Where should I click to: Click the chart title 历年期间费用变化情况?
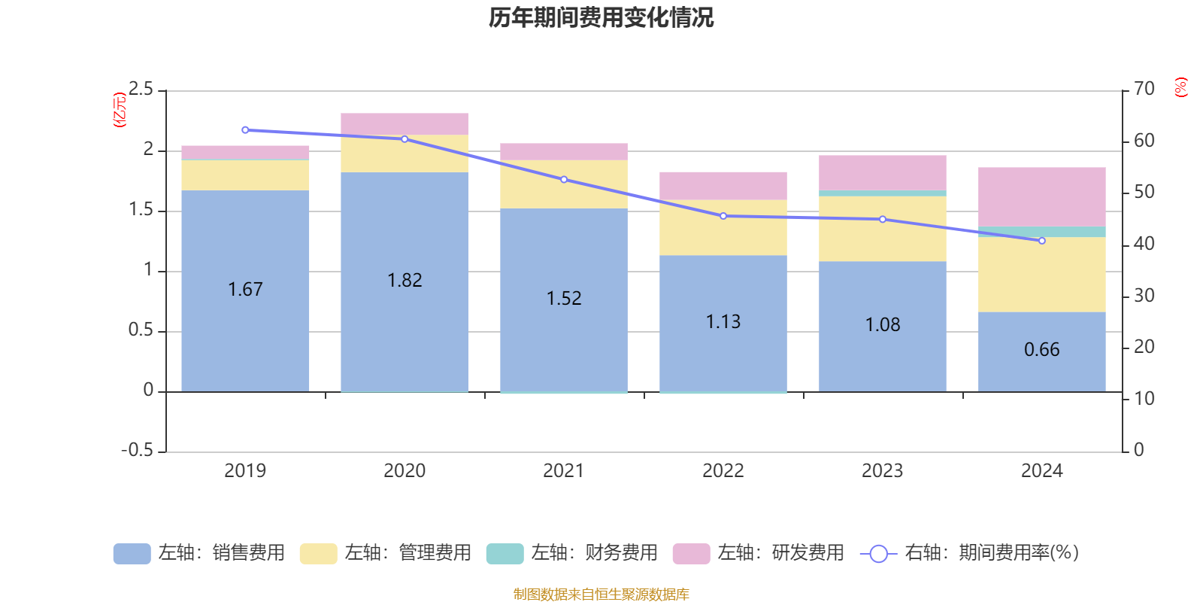(x=601, y=17)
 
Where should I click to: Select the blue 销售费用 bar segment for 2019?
(x=245, y=331)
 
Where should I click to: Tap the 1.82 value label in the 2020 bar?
(x=405, y=281)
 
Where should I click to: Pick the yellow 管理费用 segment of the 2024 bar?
(x=1041, y=274)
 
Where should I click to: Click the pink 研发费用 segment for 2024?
(x=1041, y=196)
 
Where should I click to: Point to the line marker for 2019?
(x=245, y=130)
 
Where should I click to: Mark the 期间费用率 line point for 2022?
(x=723, y=216)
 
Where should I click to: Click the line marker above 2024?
(x=1041, y=241)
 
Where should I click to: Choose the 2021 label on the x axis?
(x=563, y=471)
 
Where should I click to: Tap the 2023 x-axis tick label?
(x=882, y=471)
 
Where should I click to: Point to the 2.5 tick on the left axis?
(x=141, y=90)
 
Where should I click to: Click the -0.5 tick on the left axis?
(x=137, y=450)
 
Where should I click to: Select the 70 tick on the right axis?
(x=1144, y=89)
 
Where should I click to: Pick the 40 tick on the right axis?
(x=1144, y=244)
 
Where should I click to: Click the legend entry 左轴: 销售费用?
(x=199, y=553)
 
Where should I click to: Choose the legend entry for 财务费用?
(x=572, y=553)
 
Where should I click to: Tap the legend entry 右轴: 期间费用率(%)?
(x=970, y=553)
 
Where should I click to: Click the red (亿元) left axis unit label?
(x=120, y=110)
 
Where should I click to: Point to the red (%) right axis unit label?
(x=1180, y=87)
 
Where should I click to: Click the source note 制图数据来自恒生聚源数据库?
(x=601, y=594)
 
